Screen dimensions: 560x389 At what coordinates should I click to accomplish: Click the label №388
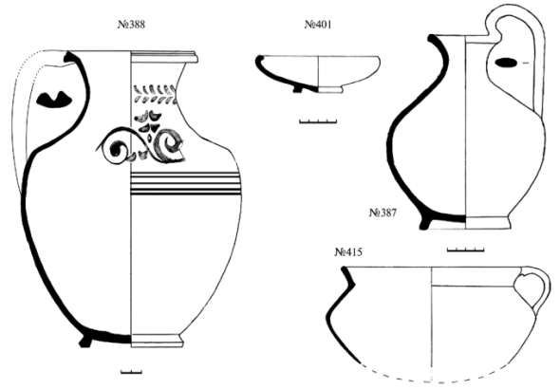[x=131, y=25]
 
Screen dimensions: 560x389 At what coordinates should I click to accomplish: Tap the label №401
[x=318, y=25]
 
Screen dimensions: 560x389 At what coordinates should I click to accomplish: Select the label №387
[x=383, y=213]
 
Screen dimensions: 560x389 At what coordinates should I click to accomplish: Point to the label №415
[x=348, y=252]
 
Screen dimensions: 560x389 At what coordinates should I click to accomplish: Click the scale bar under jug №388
[x=131, y=372]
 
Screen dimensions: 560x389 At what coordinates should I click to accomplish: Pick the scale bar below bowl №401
[x=318, y=121]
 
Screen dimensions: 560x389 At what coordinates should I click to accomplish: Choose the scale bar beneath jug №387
[x=465, y=250]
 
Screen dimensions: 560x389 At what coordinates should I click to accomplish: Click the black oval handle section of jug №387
[x=505, y=63]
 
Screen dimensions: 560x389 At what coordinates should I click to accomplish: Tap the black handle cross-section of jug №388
[x=54, y=100]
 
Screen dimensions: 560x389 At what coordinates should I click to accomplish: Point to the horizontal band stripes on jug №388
[x=185, y=183]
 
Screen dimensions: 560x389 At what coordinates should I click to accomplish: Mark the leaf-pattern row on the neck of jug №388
[x=155, y=94]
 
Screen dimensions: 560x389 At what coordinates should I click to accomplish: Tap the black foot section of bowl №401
[x=297, y=89]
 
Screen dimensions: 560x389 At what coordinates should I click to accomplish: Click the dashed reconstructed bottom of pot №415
[x=432, y=378]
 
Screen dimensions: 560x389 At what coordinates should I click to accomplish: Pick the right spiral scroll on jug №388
[x=169, y=146]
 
